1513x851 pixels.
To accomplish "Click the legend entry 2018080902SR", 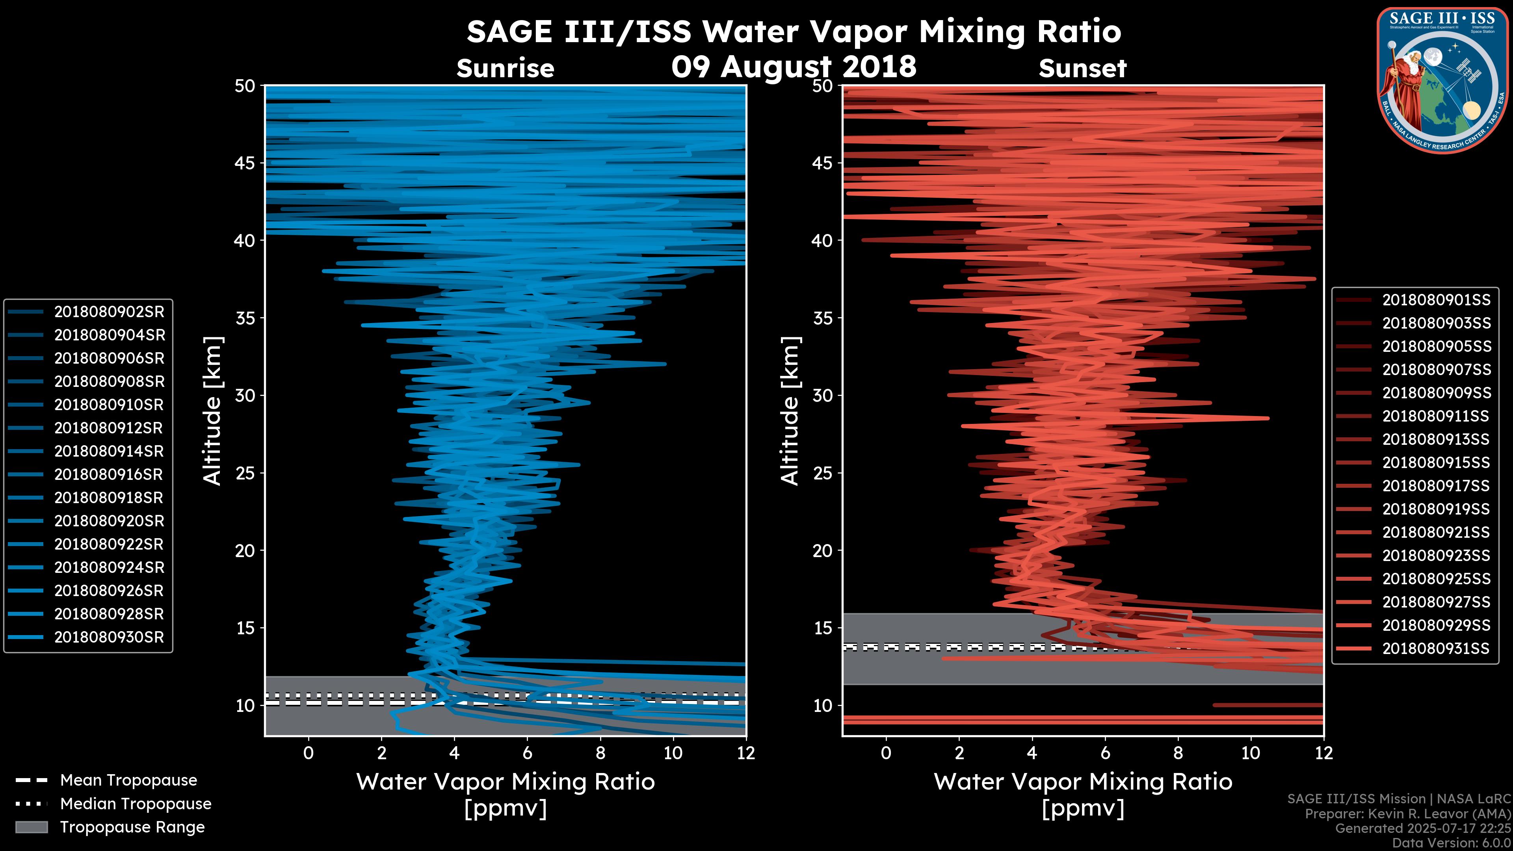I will coord(109,312).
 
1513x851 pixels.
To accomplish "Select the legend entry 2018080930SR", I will coord(109,637).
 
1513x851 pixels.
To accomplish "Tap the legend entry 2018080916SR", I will coord(109,474).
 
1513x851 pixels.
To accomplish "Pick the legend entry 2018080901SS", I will coord(1436,300).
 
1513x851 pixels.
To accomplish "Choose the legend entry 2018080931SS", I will coord(1436,648).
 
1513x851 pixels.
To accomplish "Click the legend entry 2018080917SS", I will coord(1436,486).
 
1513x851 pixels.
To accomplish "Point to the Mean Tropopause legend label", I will coord(128,780).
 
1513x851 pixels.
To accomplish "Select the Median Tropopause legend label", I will coord(136,804).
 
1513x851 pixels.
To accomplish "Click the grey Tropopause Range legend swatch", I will coord(31,827).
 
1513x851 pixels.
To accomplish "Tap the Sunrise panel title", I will coord(505,69).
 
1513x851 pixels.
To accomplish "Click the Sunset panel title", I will coord(1082,69).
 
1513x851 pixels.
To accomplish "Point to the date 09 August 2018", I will coord(794,66).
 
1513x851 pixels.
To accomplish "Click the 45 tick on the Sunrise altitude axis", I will coord(245,163).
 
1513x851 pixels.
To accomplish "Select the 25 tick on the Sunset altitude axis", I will coord(822,473).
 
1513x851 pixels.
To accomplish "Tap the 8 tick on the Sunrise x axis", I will coord(600,753).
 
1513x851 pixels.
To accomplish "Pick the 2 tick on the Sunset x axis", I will coord(959,753).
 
